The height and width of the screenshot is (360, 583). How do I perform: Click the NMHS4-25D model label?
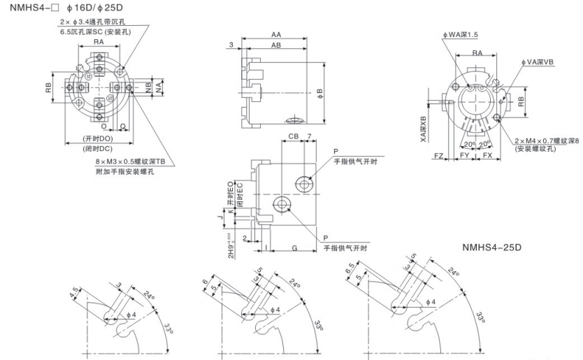coord(494,247)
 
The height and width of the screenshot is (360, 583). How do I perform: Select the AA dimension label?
coord(276,34)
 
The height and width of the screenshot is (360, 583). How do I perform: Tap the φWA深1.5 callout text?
coord(460,34)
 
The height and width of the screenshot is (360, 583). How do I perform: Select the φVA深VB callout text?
coord(537,62)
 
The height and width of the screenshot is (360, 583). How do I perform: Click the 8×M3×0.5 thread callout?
coord(131,161)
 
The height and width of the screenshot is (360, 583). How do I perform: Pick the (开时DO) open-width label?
coord(98,138)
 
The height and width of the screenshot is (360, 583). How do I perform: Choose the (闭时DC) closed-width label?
coord(98,148)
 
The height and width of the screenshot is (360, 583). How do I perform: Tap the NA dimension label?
coord(159,87)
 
